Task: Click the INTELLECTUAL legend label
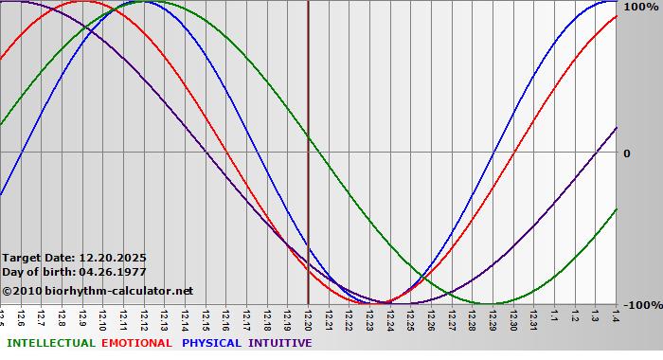50,343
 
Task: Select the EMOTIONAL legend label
136,343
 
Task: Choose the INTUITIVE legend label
279,343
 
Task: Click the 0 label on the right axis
626,153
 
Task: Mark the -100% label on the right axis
637,305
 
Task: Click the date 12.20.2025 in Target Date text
113,257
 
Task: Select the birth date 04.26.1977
113,272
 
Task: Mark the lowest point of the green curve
483,303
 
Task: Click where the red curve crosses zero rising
512,152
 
